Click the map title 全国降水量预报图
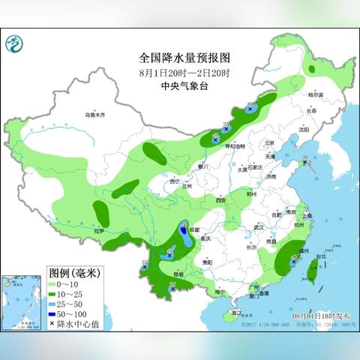coord(179,57)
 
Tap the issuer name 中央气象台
coord(179,85)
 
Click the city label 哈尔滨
coord(316,95)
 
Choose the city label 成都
coord(195,227)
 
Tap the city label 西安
coord(220,200)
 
